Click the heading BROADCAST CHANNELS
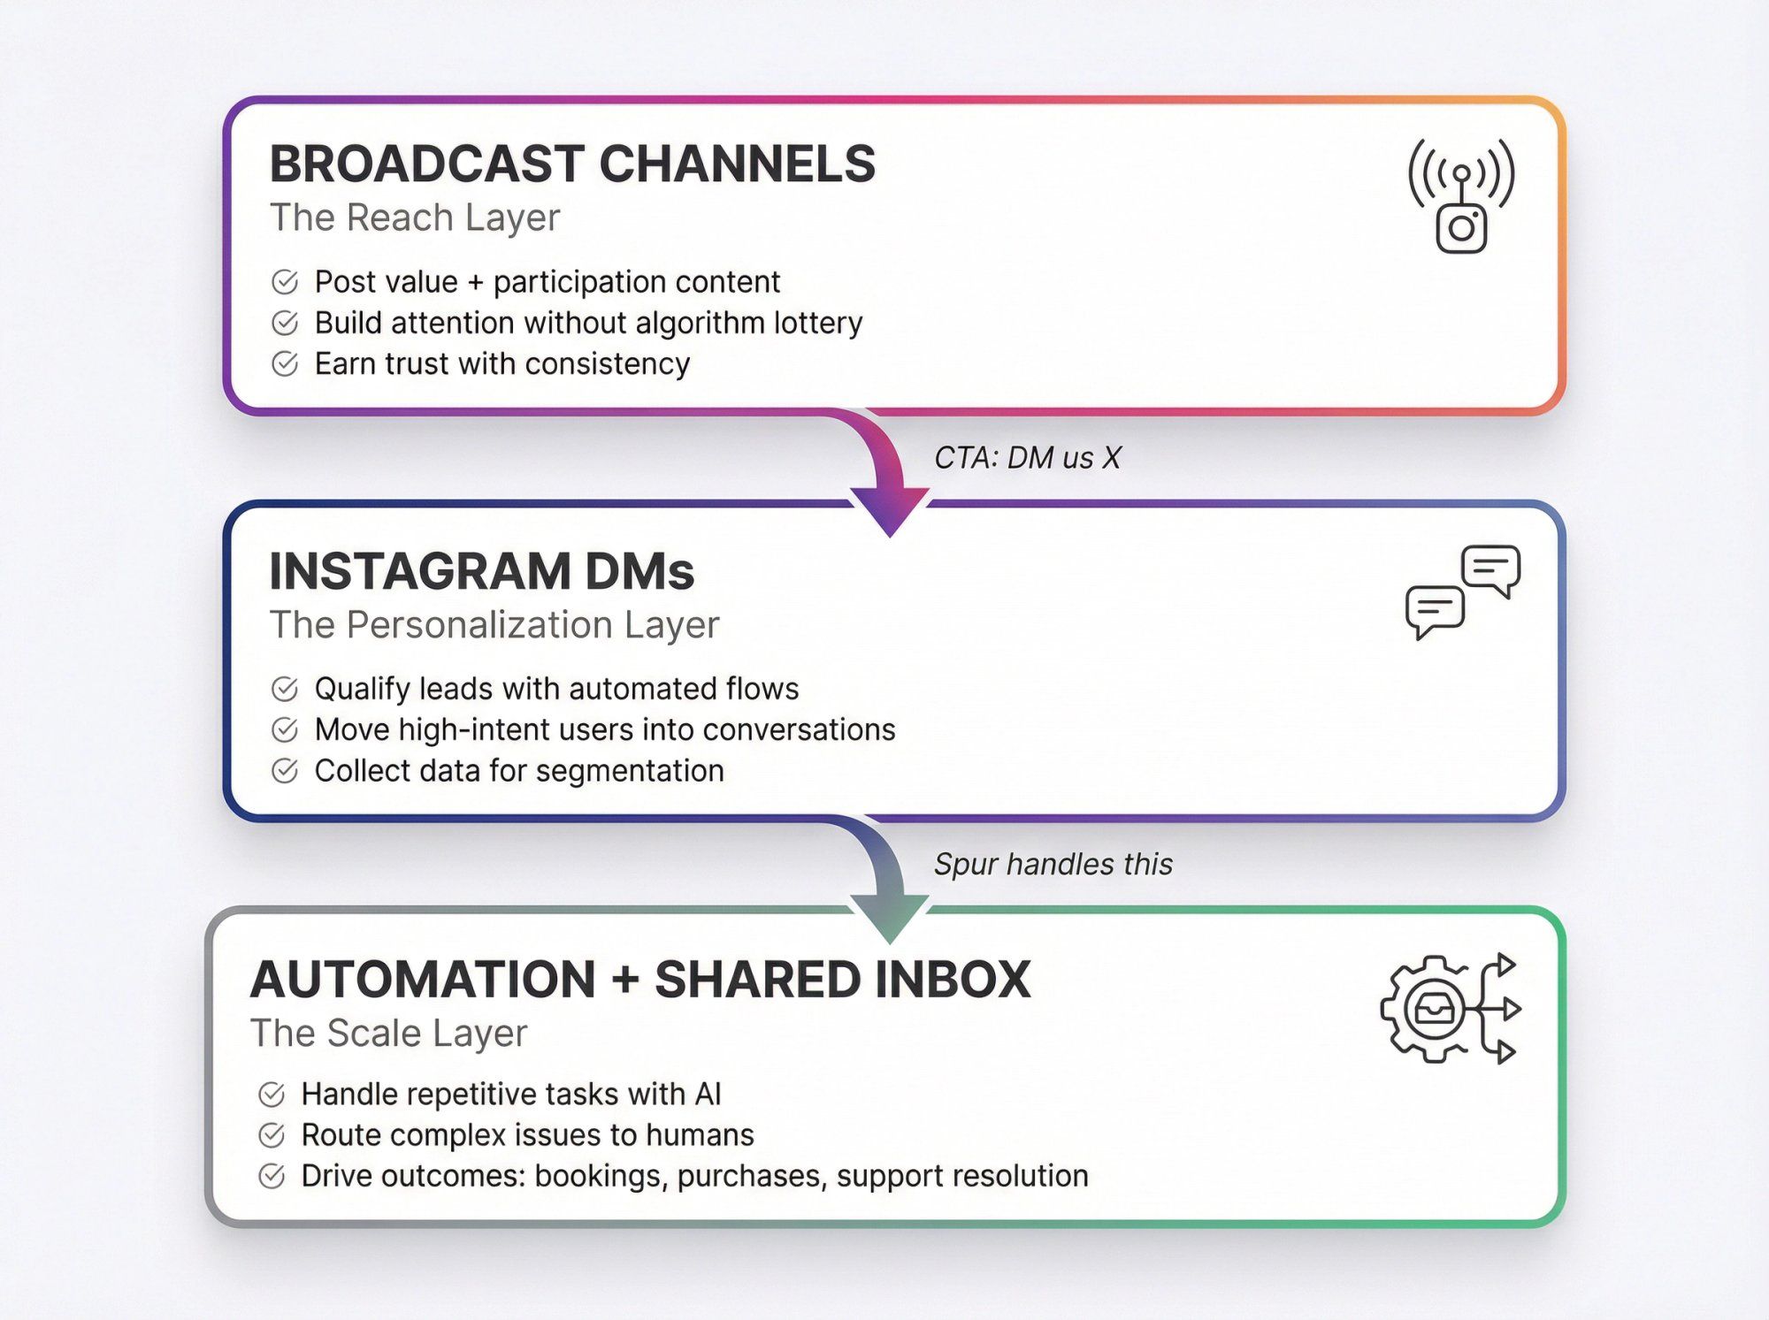tap(571, 164)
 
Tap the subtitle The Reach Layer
tap(415, 217)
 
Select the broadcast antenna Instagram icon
tap(1461, 196)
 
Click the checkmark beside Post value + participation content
tap(285, 282)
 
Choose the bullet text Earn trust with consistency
tap(502, 363)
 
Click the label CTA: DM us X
tap(1027, 458)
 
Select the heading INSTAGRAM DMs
tap(481, 571)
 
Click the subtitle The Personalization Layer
tap(494, 625)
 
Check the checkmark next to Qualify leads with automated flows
tap(285, 689)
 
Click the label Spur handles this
tap(1053, 864)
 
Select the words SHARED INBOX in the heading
tap(842, 980)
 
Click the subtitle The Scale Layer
tap(388, 1033)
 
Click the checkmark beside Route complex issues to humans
tap(272, 1135)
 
